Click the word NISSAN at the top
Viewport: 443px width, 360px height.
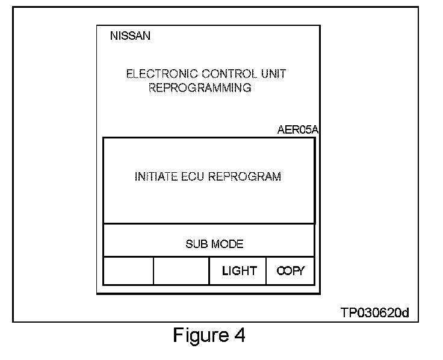tap(130, 36)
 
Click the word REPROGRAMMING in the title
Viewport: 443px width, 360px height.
tap(199, 88)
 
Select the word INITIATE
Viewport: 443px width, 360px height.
tap(155, 177)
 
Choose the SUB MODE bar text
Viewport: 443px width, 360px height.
tap(214, 244)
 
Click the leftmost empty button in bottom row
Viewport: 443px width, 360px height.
tap(128, 271)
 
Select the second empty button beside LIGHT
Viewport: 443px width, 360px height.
tap(181, 271)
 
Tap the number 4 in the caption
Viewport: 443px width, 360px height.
tap(240, 335)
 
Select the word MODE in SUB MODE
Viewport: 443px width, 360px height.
tap(227, 244)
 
